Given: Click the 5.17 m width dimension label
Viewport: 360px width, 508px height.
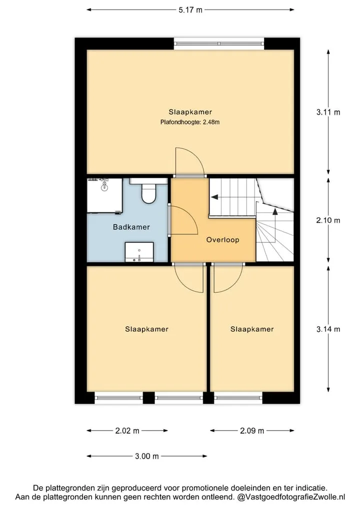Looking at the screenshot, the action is point(190,10).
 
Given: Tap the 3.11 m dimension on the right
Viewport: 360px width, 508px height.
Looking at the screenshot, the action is point(328,112).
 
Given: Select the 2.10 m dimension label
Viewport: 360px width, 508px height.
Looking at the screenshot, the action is point(328,220).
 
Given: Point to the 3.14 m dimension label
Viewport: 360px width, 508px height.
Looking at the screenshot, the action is point(328,329).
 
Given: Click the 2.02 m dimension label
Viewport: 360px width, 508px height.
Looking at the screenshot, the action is point(127,431).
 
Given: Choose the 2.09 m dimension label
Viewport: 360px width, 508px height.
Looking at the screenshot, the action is point(252,431).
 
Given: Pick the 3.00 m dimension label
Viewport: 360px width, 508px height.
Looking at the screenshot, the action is point(147,456).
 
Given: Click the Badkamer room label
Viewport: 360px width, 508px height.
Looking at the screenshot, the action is point(131,227).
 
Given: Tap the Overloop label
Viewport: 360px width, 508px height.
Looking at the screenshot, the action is point(223,240).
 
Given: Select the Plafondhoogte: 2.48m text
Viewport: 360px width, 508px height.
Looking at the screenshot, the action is point(190,122).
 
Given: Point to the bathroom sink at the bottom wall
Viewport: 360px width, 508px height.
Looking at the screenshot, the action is point(139,252).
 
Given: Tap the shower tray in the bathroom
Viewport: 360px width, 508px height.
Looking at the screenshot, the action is point(104,195).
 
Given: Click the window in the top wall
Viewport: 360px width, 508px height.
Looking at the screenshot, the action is point(219,44).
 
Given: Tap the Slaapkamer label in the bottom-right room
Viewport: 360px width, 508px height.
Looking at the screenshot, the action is point(252,329).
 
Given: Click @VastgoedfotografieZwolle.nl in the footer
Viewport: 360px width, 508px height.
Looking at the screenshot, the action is point(291,497).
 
